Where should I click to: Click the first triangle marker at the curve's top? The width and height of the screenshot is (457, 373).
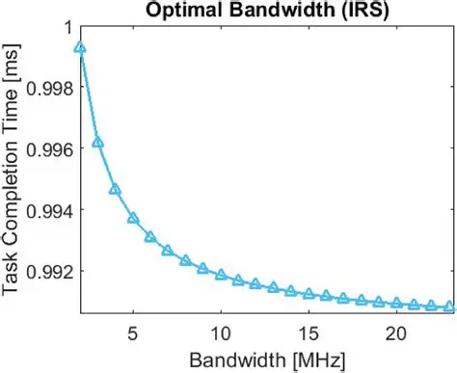click(x=80, y=47)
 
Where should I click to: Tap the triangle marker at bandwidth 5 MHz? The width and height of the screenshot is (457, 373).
click(x=133, y=218)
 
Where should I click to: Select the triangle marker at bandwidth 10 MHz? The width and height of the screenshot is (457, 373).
click(x=221, y=276)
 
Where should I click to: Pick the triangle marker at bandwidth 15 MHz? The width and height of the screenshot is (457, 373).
click(x=309, y=294)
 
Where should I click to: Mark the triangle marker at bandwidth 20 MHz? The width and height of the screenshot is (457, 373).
click(x=395, y=304)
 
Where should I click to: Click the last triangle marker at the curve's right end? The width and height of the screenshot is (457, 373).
click(x=448, y=306)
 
